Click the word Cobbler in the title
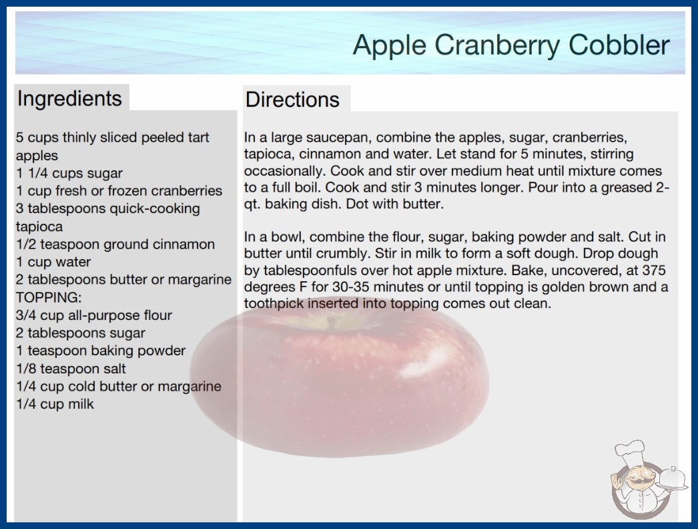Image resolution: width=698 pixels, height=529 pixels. (x=619, y=45)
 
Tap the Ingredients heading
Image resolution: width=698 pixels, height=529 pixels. (x=69, y=99)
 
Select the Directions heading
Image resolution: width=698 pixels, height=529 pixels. (x=292, y=100)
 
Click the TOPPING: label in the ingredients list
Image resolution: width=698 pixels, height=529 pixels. (x=49, y=297)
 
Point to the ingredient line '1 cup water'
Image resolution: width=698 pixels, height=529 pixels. (x=53, y=262)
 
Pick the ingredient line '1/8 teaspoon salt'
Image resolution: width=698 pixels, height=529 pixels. (x=71, y=369)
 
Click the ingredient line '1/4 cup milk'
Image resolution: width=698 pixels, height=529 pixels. (x=55, y=404)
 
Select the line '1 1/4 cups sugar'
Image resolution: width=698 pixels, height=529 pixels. (x=69, y=174)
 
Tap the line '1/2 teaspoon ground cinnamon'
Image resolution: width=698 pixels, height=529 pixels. (x=115, y=244)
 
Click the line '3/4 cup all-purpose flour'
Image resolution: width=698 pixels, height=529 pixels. (x=94, y=315)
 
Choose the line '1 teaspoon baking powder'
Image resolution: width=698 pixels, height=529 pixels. (x=101, y=351)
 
